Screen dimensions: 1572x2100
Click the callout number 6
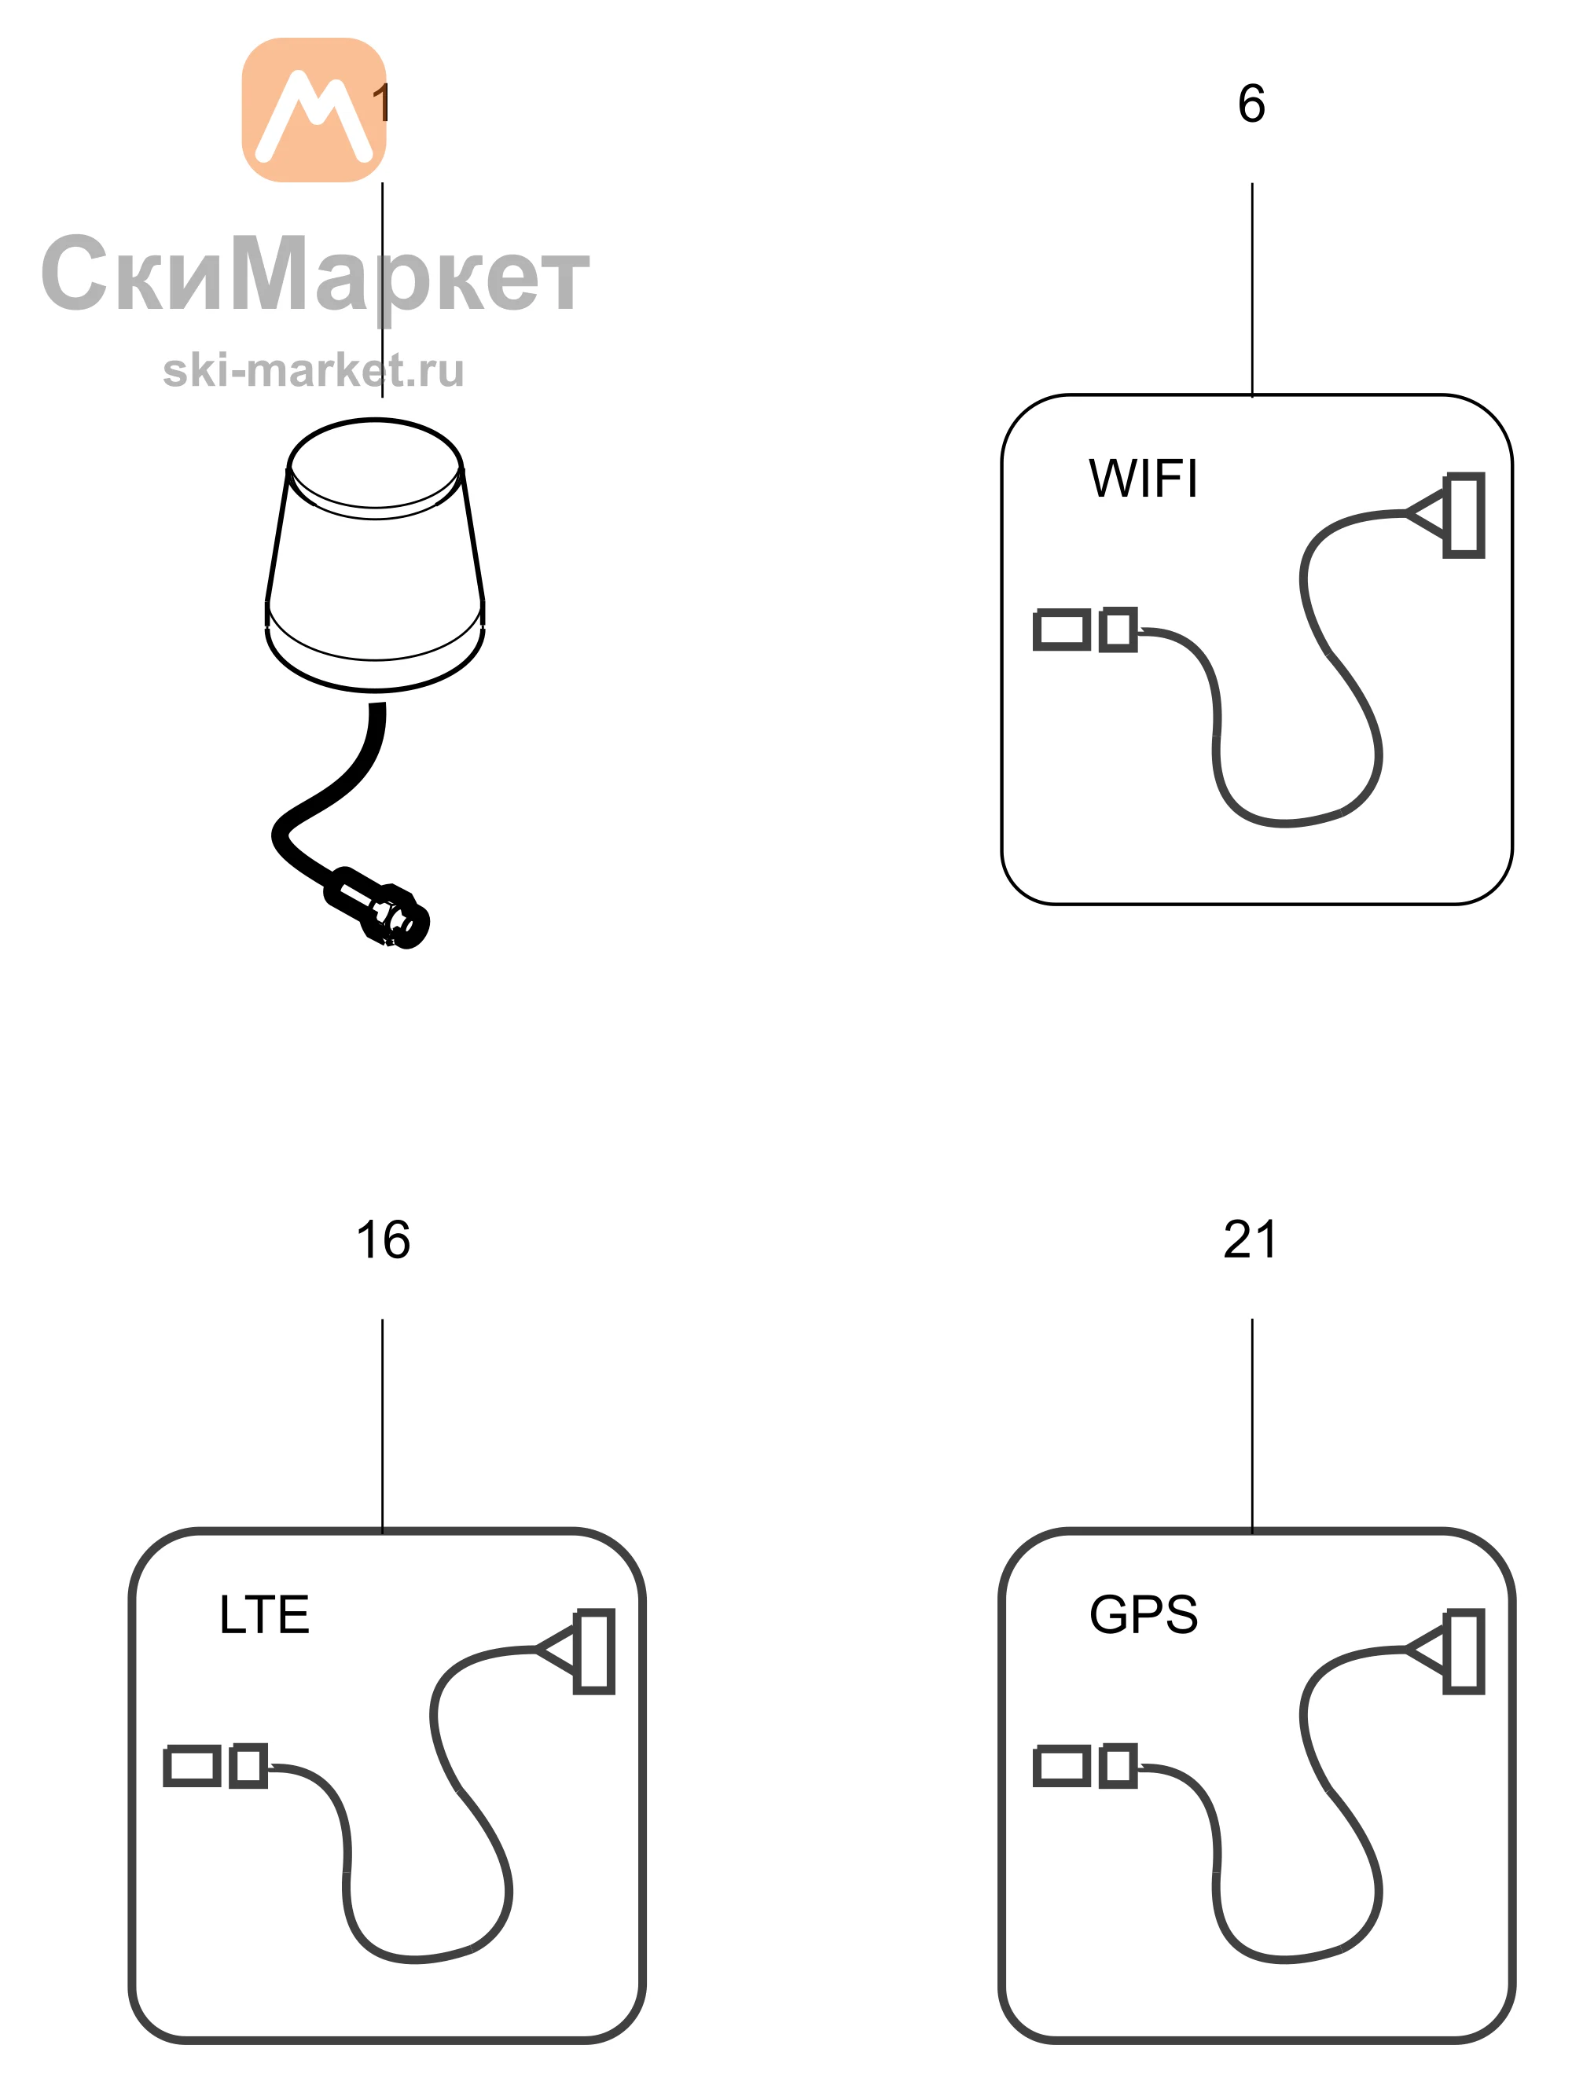pyautogui.click(x=1251, y=104)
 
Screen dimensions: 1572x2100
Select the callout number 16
pyautogui.click(x=384, y=1240)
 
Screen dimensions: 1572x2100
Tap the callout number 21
pyautogui.click(x=1251, y=1240)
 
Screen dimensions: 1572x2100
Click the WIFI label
pyautogui.click(x=1143, y=479)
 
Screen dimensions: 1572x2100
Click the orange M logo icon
pyautogui.click(x=314, y=110)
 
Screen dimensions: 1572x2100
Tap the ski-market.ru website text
pyautogui.click(x=314, y=370)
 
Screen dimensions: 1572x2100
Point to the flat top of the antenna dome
pyautogui.click(x=375, y=465)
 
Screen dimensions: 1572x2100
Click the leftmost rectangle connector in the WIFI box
pyautogui.click(x=1061, y=630)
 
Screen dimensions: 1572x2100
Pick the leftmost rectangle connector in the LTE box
pyautogui.click(x=192, y=1766)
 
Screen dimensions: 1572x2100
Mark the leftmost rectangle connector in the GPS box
pyautogui.click(x=1061, y=1766)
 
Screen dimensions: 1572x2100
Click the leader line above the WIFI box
pyautogui.click(x=1252, y=289)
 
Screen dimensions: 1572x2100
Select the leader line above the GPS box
pyautogui.click(x=1252, y=1425)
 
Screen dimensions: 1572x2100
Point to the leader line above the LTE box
pyautogui.click(x=383, y=1425)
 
